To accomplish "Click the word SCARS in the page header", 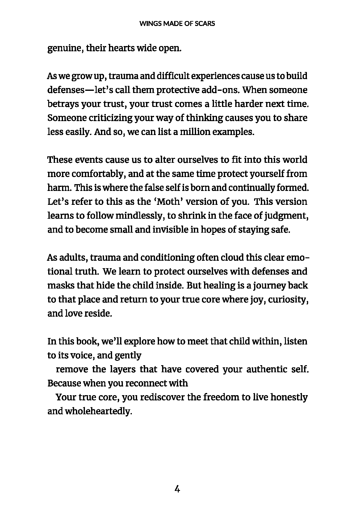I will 205,23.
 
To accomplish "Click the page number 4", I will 177,489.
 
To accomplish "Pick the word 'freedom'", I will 220,397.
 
